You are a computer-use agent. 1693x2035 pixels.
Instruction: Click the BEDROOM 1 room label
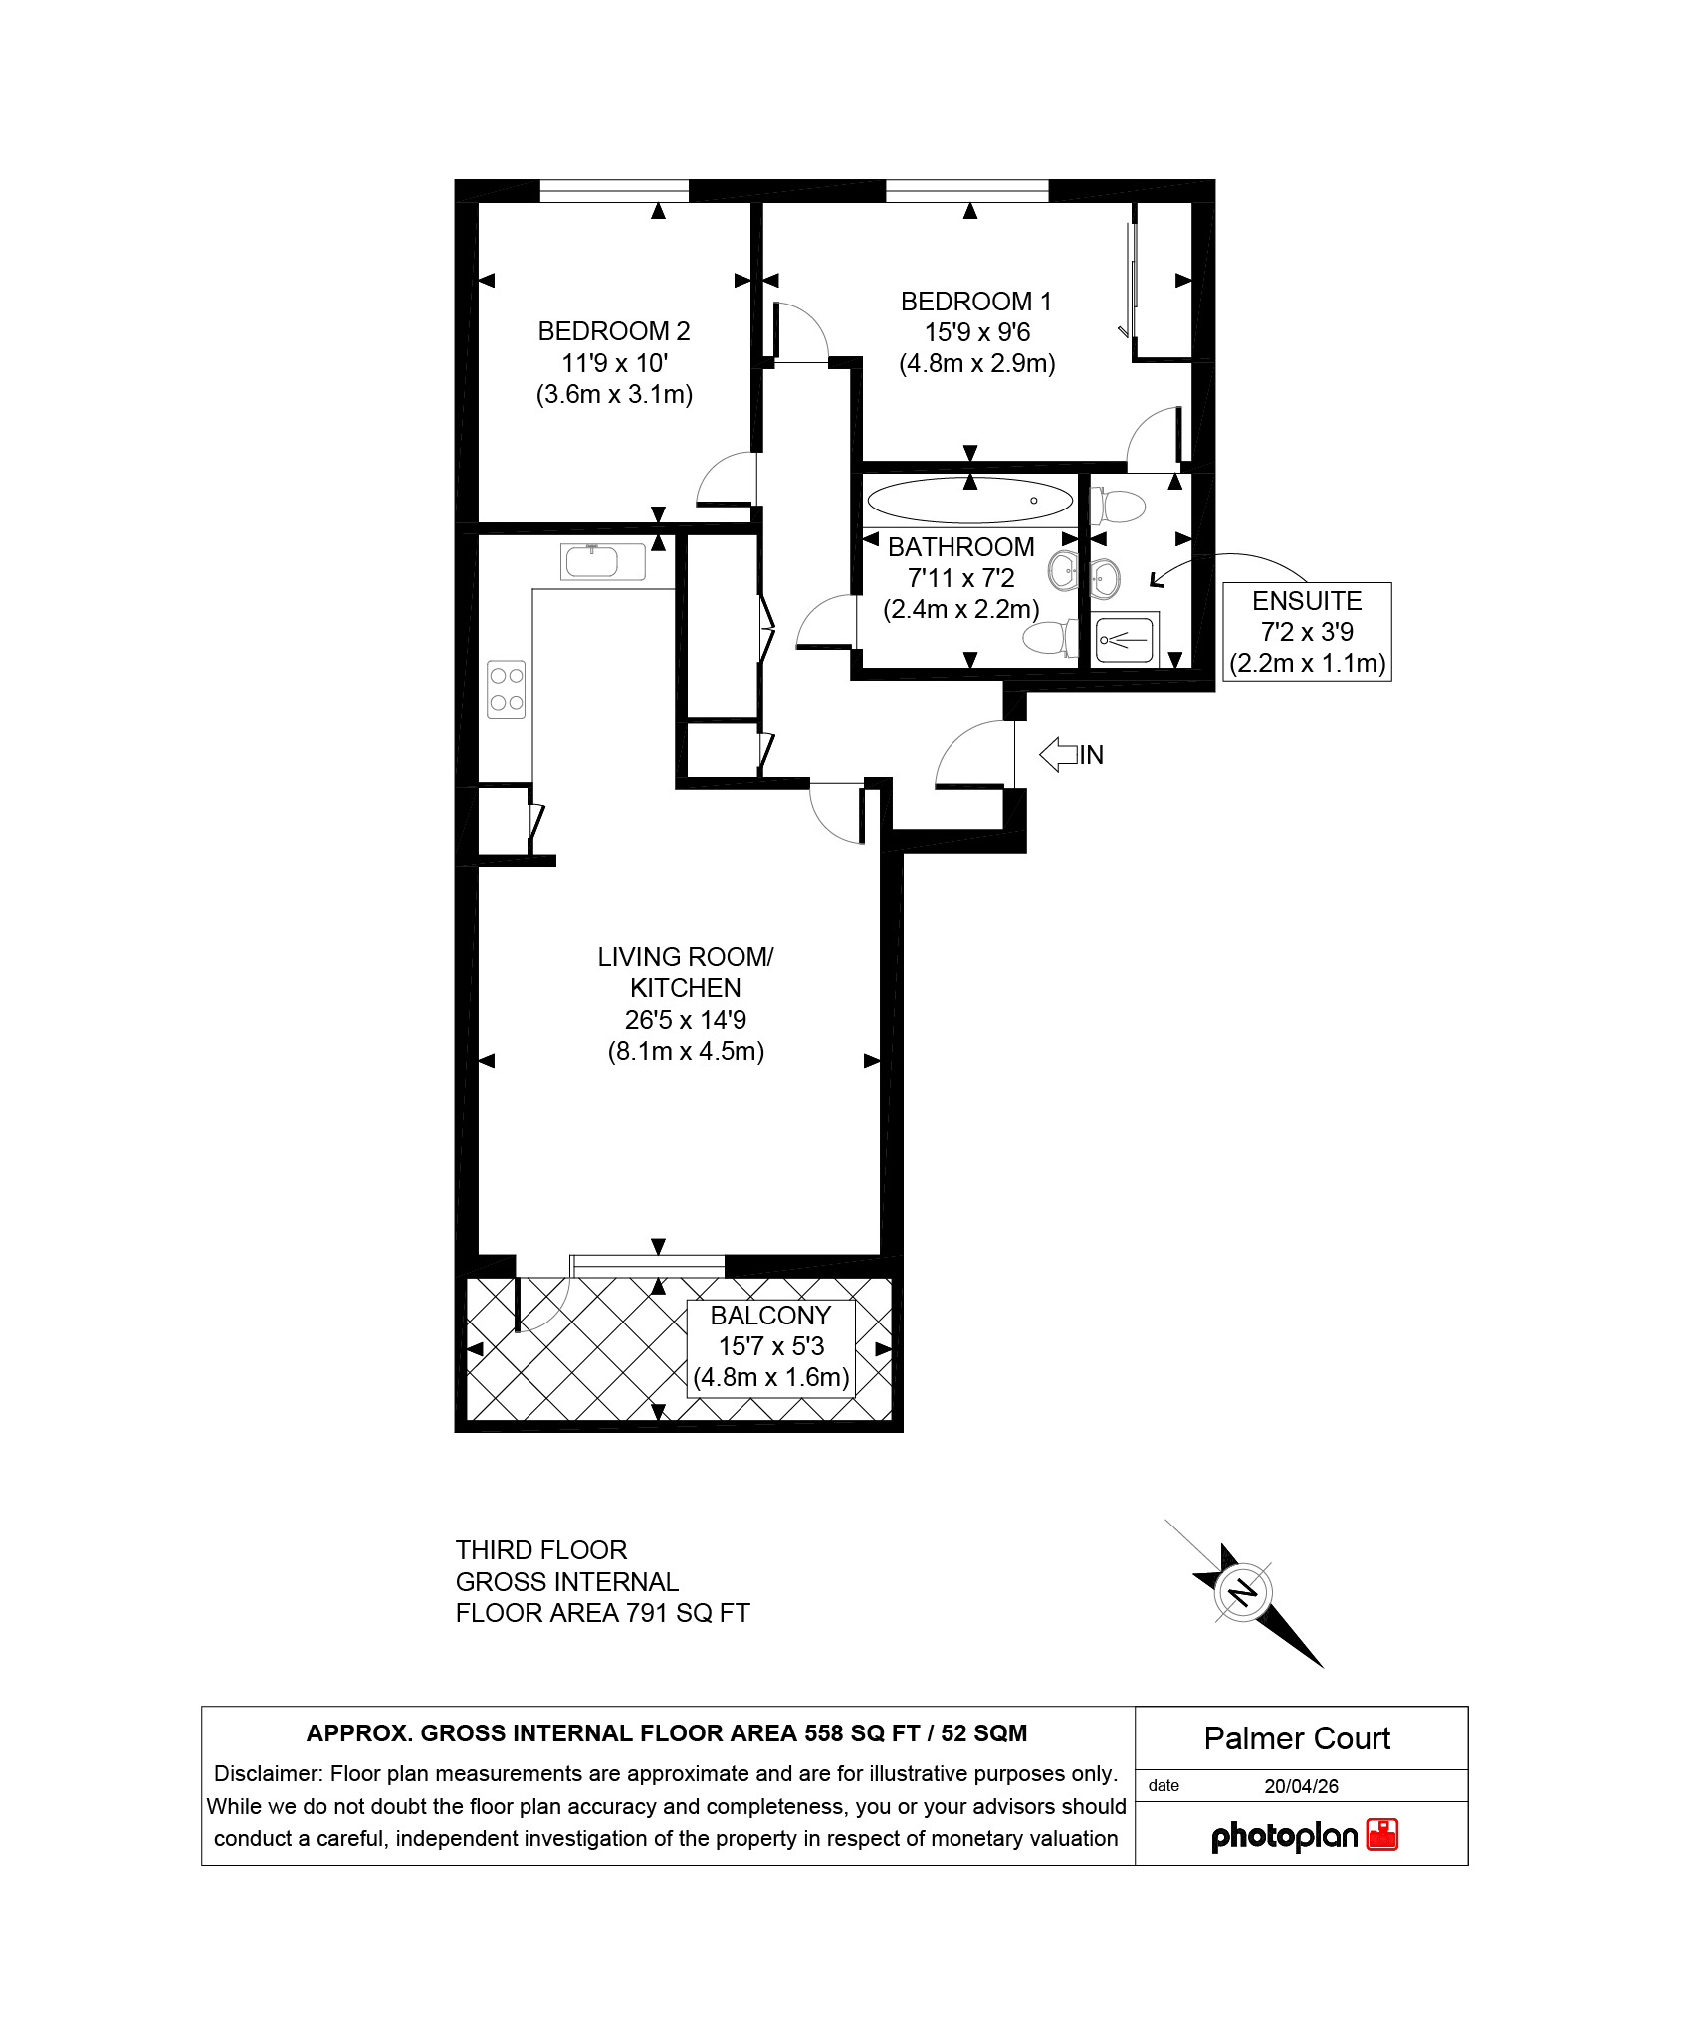(975, 302)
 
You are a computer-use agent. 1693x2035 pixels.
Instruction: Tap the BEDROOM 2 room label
(614, 331)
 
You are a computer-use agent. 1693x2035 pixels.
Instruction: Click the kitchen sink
(602, 562)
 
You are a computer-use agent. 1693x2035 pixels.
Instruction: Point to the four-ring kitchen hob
(507, 689)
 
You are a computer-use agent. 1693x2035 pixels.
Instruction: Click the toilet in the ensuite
(1119, 506)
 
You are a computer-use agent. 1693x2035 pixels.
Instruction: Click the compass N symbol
(1243, 1593)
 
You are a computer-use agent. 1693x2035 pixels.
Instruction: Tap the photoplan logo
(1304, 1835)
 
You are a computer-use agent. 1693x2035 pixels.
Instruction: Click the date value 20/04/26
(1301, 1786)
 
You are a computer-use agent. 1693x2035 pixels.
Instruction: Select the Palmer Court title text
(1297, 1738)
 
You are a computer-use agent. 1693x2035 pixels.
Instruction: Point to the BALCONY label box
(771, 1347)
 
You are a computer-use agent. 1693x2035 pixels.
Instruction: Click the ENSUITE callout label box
(1307, 632)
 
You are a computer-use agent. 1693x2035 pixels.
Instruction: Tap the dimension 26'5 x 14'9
(686, 1020)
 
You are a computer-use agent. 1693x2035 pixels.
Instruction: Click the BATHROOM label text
(961, 547)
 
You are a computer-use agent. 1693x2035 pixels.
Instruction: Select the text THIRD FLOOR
(541, 1550)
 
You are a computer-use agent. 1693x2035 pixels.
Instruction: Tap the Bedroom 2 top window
(614, 191)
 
